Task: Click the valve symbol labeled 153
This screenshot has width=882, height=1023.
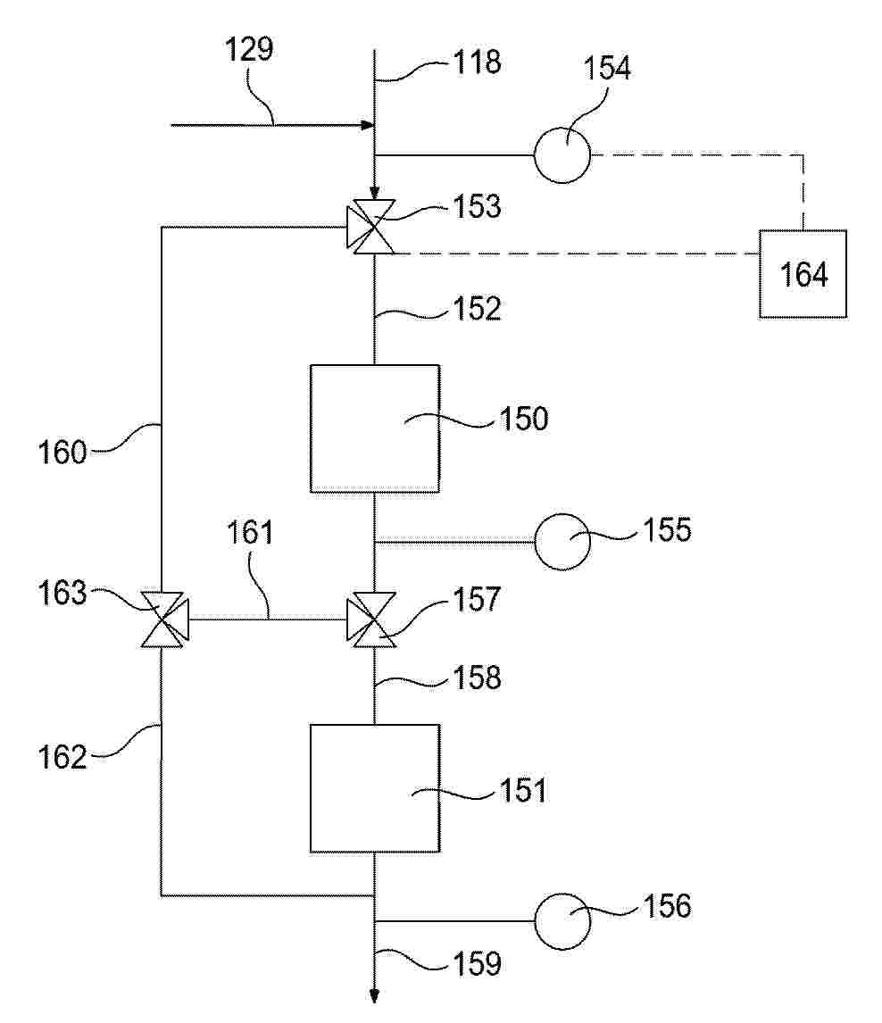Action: (x=370, y=227)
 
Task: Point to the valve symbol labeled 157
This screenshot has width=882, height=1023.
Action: (x=370, y=620)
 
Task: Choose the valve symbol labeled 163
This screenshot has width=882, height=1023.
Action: (x=164, y=620)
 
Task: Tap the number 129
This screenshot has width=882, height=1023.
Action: (x=249, y=49)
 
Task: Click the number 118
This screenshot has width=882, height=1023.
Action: (x=477, y=62)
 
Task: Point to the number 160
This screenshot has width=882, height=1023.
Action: (x=62, y=452)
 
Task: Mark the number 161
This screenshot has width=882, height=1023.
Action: (x=250, y=532)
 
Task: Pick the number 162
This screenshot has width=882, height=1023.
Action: (x=62, y=758)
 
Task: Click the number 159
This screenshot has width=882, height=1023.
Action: (x=477, y=963)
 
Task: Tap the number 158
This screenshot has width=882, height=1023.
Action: (x=477, y=678)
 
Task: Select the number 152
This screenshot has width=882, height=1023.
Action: (x=477, y=308)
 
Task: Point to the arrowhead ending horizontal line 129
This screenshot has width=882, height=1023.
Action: (x=368, y=125)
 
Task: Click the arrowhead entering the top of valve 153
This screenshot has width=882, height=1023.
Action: (x=374, y=193)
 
